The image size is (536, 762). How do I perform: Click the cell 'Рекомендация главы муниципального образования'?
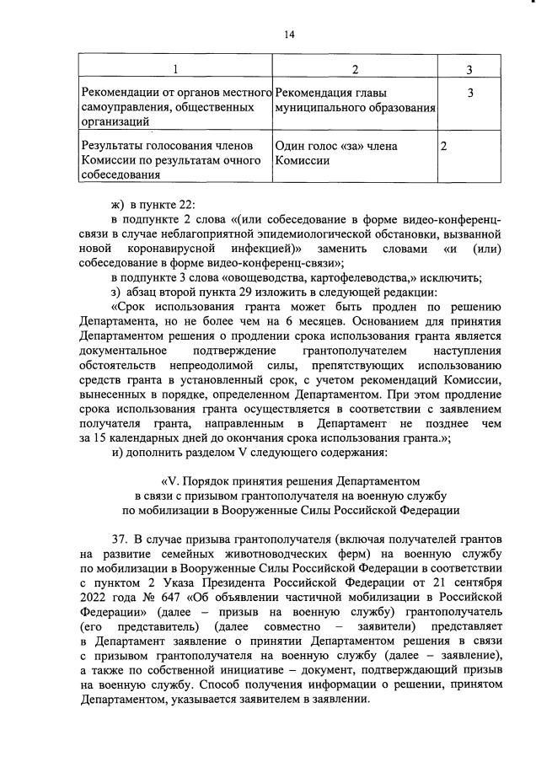pyautogui.click(x=355, y=99)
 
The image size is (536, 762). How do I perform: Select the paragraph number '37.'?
pyautogui.click(x=120, y=539)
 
